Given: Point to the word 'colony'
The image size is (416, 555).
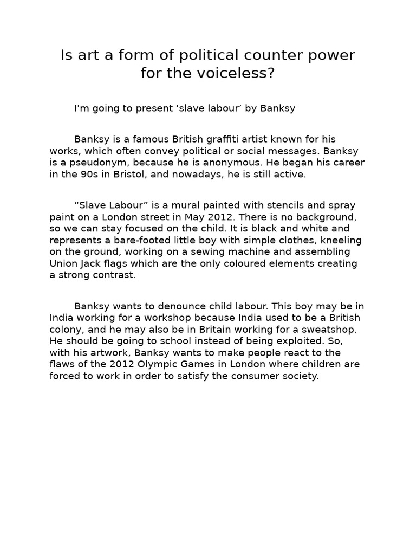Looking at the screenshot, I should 67,329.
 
